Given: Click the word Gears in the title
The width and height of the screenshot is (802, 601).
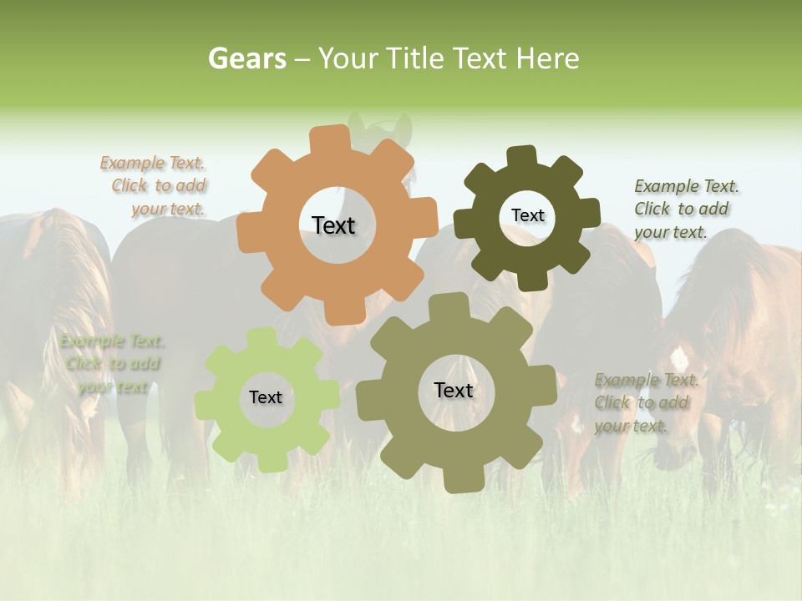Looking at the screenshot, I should [246, 58].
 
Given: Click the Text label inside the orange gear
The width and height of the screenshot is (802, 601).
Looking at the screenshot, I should [333, 225].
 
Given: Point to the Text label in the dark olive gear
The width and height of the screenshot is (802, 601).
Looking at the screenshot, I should [527, 215].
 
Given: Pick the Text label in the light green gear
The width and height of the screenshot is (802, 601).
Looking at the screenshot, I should [266, 397].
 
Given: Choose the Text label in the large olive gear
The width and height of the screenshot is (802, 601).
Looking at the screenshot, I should [454, 390].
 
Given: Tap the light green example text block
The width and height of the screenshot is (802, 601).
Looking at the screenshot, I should [110, 364].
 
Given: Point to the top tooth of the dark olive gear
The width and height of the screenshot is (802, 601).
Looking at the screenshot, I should [522, 156].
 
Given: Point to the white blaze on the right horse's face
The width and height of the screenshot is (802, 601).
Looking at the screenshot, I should [679, 359].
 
